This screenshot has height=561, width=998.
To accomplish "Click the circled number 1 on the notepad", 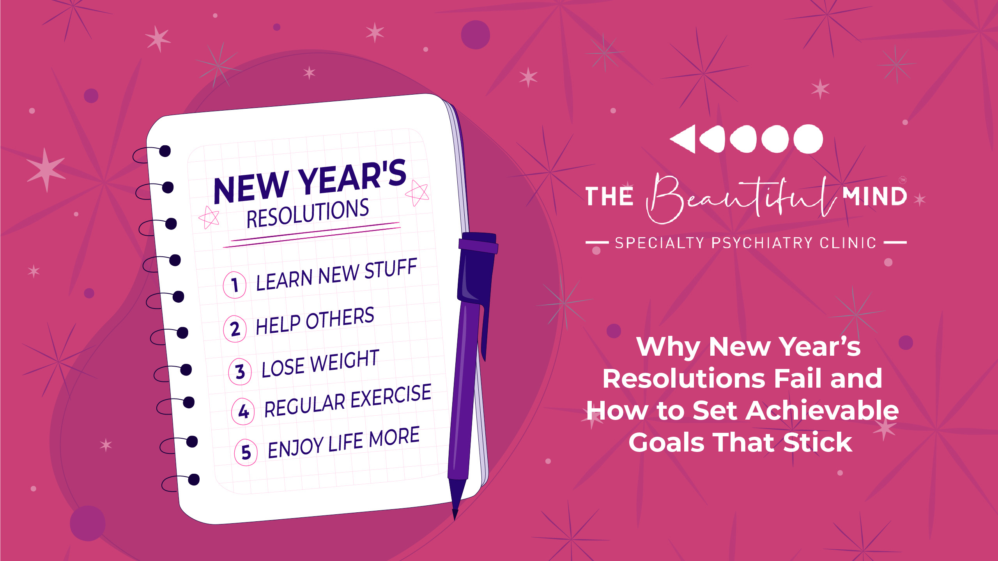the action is (234, 285).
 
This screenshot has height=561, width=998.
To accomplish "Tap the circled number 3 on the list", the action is (240, 371).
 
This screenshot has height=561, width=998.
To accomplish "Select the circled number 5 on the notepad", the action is (246, 452).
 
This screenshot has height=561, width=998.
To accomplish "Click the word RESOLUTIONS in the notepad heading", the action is (308, 213).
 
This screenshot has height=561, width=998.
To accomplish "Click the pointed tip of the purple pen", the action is (455, 518).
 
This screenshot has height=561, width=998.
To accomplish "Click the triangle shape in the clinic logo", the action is (683, 139).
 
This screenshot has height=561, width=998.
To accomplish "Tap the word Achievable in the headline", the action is (822, 411).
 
